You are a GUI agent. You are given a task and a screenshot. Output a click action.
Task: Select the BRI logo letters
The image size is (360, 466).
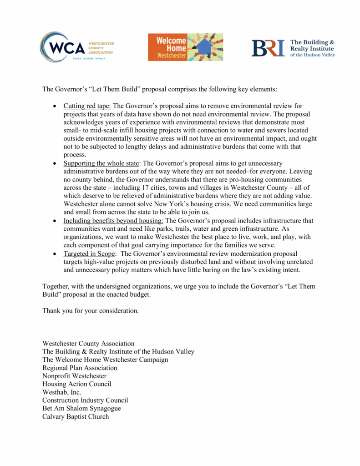point(268,48)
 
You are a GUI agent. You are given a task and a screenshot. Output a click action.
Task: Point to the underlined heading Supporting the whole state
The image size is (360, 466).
point(103,163)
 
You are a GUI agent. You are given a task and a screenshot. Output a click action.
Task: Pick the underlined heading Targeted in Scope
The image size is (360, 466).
point(89,253)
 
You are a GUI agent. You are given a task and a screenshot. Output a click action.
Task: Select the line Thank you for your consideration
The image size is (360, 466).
point(91,311)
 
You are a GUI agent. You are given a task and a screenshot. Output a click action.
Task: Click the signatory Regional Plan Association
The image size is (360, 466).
point(80,368)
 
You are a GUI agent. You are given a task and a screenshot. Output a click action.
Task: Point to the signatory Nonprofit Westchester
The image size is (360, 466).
point(74,376)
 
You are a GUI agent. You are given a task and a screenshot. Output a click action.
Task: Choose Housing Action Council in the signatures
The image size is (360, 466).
point(76,384)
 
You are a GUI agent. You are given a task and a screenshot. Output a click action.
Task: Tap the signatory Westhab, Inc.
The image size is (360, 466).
point(62,392)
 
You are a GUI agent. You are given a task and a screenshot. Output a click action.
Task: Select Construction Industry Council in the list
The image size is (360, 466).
point(85,400)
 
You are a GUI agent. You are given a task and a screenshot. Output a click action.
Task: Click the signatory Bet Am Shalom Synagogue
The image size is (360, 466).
point(81,409)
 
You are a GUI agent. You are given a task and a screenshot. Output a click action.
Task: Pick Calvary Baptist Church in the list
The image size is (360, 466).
point(76,417)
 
